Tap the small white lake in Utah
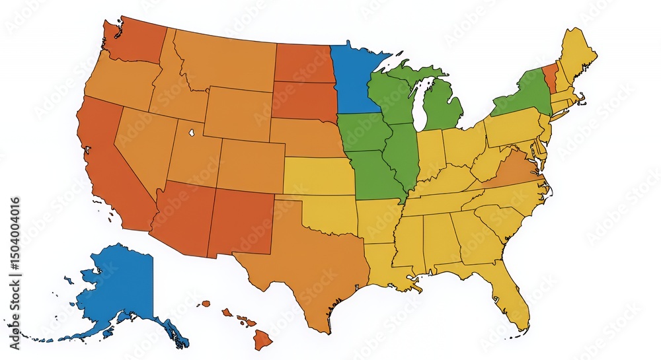[191, 131]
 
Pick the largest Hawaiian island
[262, 340]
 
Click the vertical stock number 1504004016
[15, 244]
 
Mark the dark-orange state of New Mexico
[241, 221]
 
